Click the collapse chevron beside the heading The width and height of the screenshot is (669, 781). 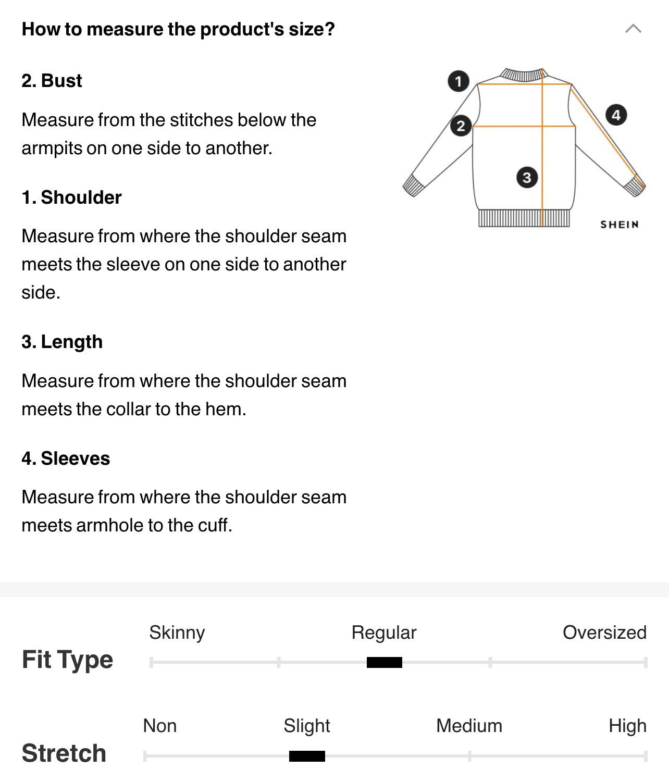click(x=633, y=29)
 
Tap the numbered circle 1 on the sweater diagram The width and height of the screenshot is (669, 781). click(x=459, y=81)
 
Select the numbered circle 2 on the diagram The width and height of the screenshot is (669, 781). click(x=461, y=126)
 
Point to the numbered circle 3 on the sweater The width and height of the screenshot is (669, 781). click(x=527, y=177)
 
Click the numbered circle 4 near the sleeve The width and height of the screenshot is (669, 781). click(x=616, y=115)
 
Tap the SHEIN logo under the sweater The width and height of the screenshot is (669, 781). click(x=620, y=225)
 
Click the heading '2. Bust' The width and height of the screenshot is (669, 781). click(x=52, y=80)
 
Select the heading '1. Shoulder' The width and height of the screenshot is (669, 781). click(x=71, y=197)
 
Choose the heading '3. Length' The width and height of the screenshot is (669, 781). click(x=62, y=342)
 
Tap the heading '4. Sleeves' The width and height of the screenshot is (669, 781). click(x=66, y=458)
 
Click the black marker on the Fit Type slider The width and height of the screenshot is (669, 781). click(x=385, y=662)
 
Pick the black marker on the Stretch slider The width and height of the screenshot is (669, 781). click(x=307, y=756)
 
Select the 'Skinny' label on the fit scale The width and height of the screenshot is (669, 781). click(x=177, y=633)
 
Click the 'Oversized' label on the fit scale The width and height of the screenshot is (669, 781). click(x=605, y=632)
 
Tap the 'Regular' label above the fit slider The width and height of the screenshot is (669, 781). click(x=384, y=633)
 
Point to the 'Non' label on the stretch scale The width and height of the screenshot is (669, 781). click(x=160, y=726)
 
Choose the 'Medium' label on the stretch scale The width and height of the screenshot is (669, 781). click(x=469, y=726)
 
